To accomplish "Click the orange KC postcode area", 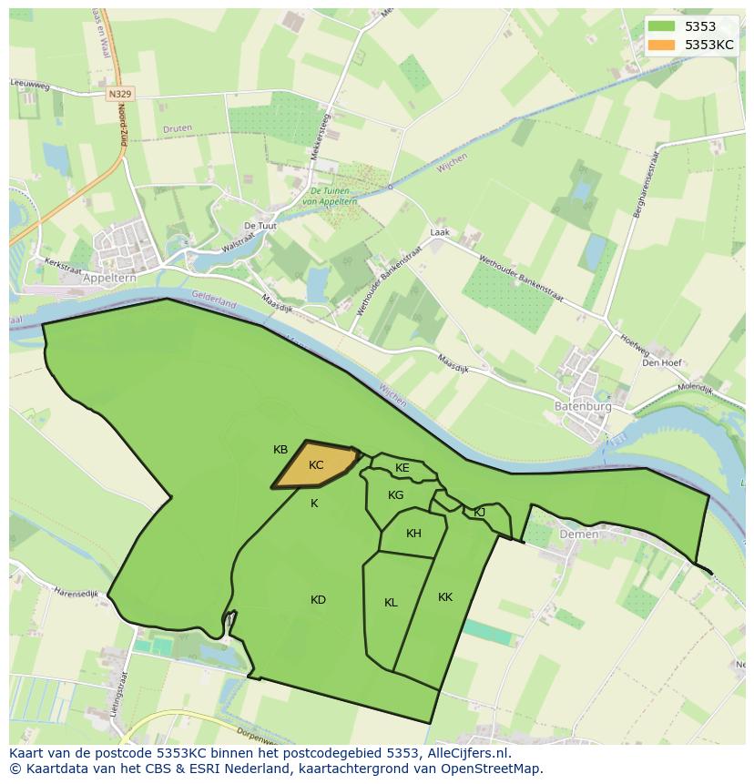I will pos(314,465).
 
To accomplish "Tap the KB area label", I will pos(280,450).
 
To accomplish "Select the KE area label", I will pos(402,468).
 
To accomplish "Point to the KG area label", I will pos(395,495).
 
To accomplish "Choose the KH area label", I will pos(413,534).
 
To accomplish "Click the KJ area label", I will pos(479,512).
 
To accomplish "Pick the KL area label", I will pos(391,602).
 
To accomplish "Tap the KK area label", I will pos(445,597).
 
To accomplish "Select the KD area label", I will pos(318,599).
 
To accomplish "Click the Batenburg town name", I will pos(583,407).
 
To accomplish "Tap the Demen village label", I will pos(579,535).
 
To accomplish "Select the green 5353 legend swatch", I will pos(662,27).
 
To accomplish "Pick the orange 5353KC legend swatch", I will pos(662,45).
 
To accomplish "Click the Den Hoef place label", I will pos(662,362).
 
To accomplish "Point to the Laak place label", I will pos(440,232).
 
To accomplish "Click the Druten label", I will pos(177,128).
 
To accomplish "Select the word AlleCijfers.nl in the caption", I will pos(466,753).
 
